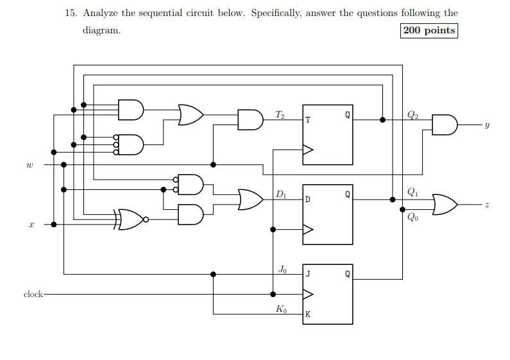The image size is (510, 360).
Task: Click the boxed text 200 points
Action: [x=429, y=31]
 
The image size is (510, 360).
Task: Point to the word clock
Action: [x=33, y=295]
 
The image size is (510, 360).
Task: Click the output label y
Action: [x=487, y=125]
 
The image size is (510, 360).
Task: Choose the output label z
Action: [x=487, y=205]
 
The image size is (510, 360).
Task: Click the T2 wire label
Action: [x=280, y=114]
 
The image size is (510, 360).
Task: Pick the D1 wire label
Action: [x=280, y=194]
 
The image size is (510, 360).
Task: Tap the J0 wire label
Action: [x=282, y=269]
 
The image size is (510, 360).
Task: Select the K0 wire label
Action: [x=281, y=309]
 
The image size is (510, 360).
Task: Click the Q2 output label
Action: [x=412, y=114]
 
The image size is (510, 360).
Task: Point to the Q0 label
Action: [x=412, y=217]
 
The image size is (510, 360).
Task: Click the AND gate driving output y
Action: [x=445, y=125]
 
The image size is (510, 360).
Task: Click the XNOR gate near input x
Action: [x=131, y=219]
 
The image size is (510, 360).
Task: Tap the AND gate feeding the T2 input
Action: [x=250, y=119]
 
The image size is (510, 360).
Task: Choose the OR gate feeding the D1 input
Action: [x=250, y=200]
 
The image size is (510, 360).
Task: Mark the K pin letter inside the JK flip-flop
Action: [x=308, y=315]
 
